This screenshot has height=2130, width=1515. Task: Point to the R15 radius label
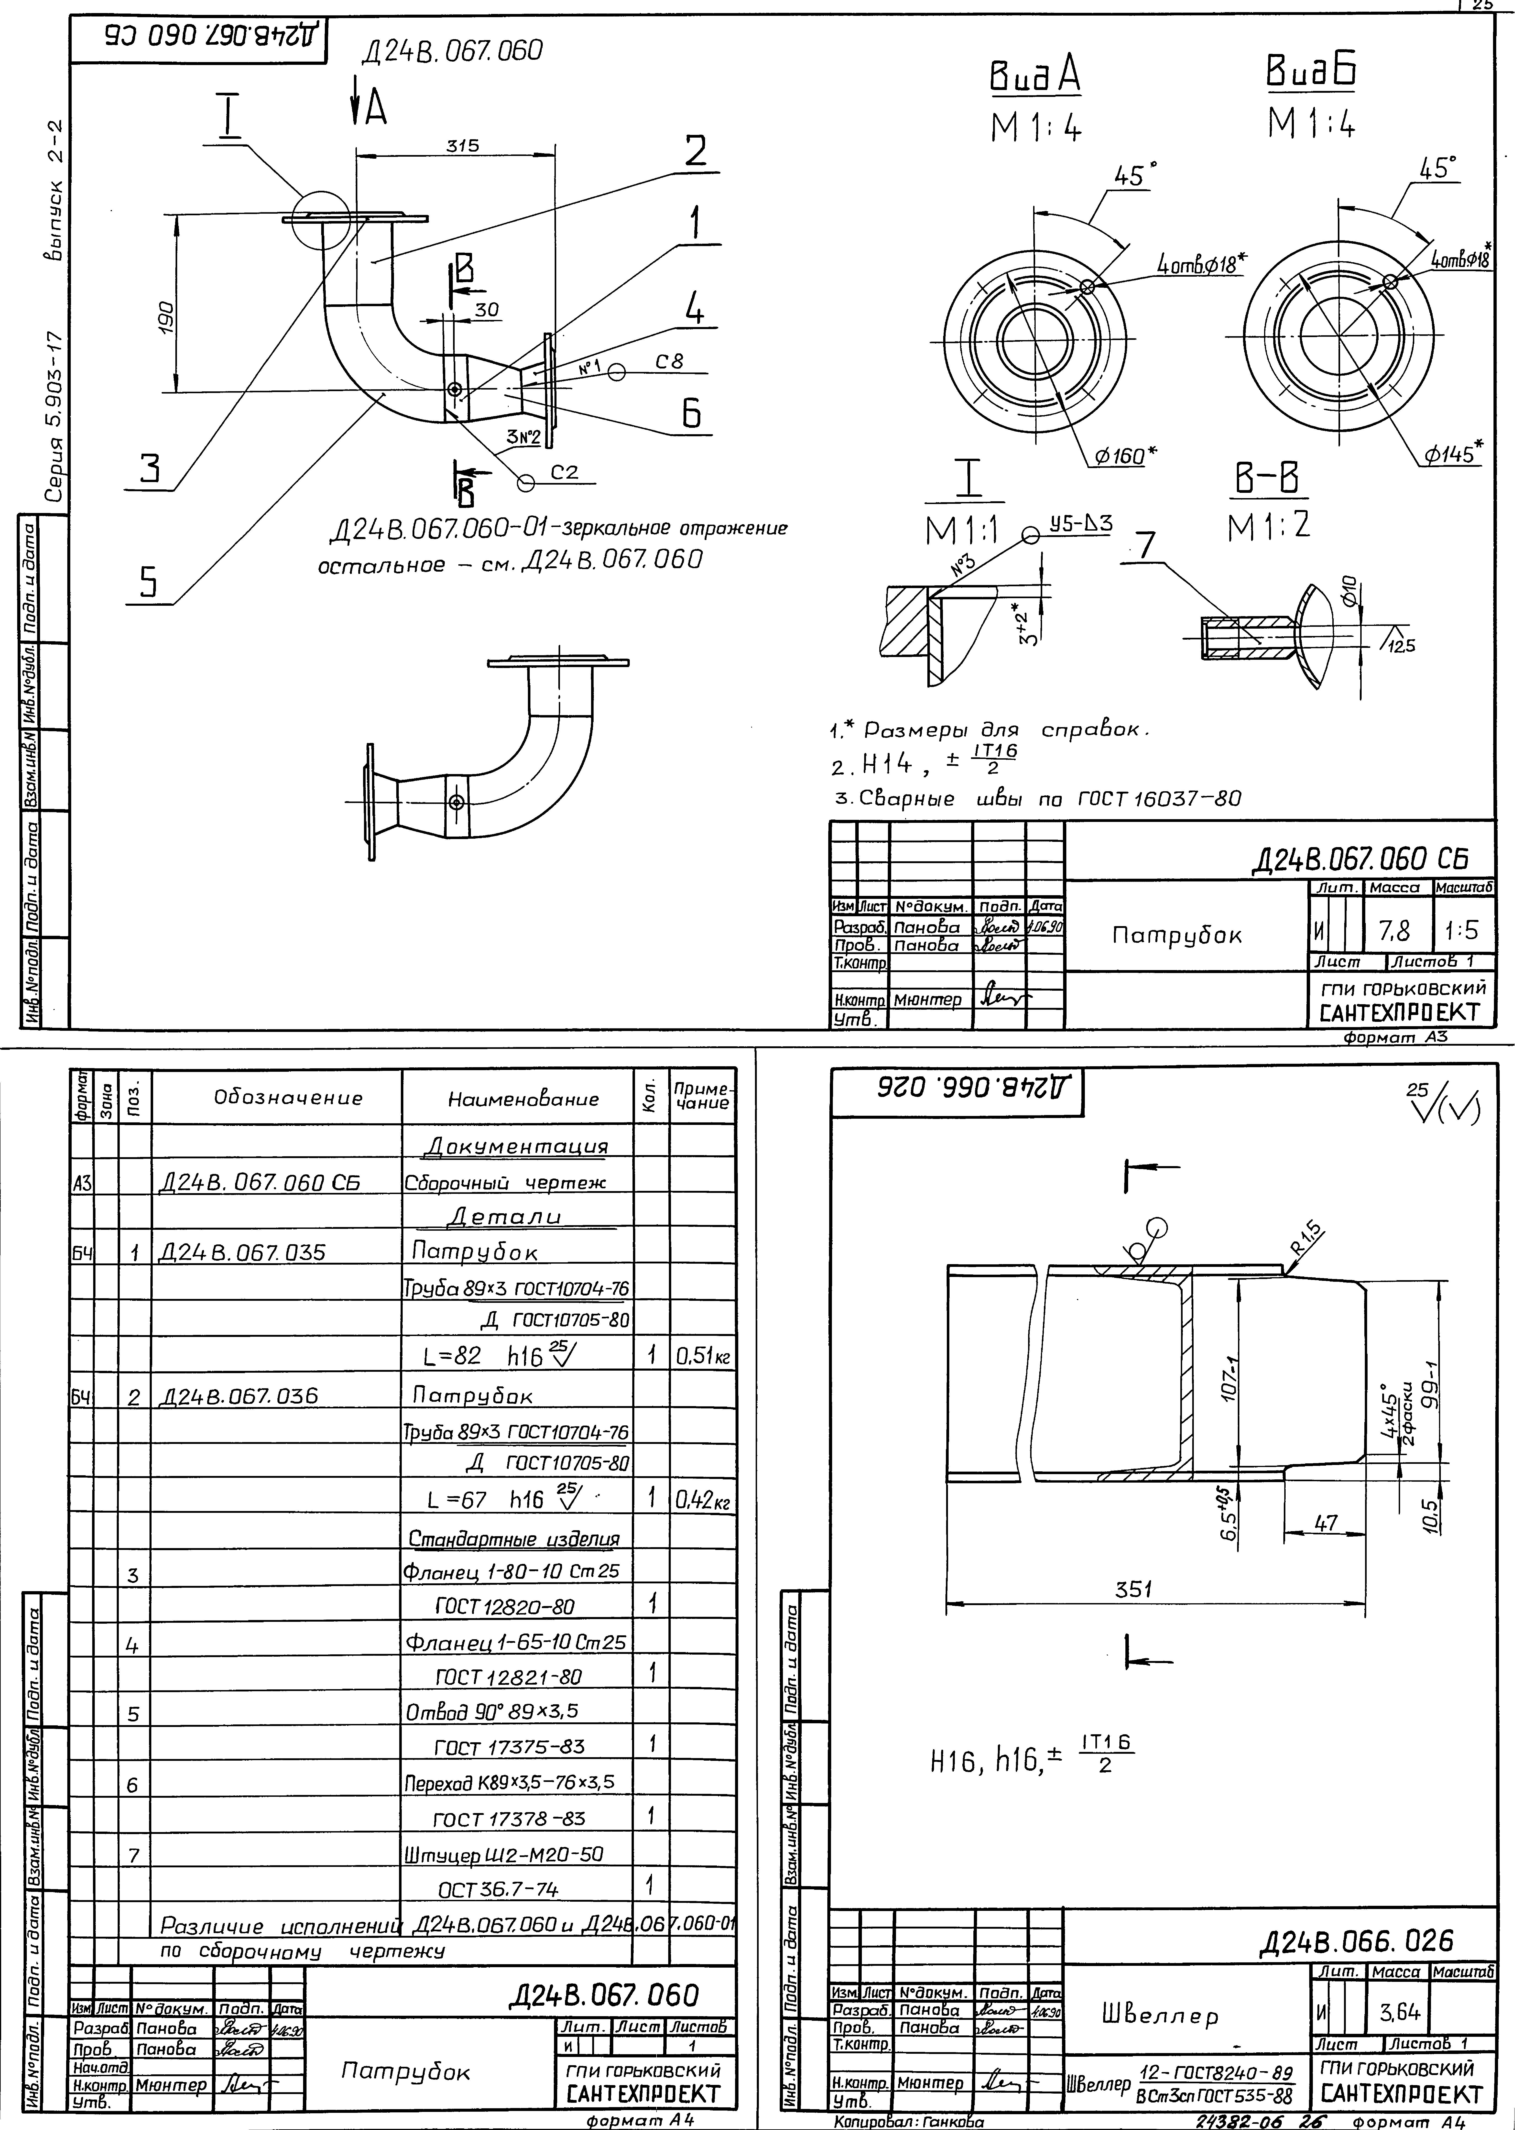(1308, 1238)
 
